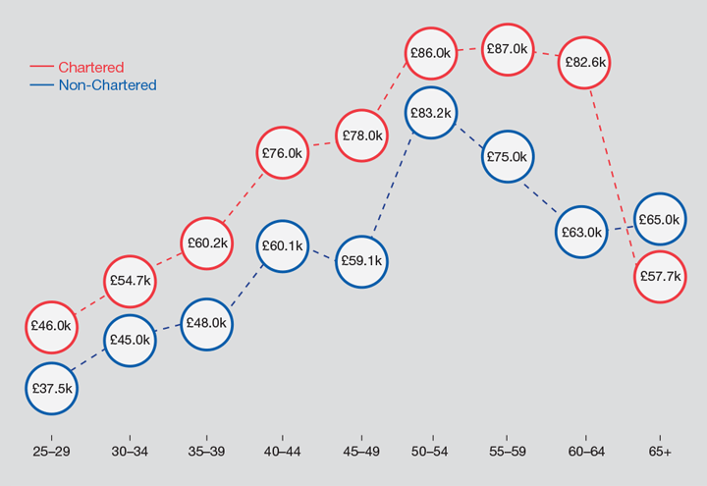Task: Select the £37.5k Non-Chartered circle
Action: tap(51, 388)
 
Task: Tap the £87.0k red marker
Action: tap(506, 48)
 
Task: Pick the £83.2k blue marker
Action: tap(431, 113)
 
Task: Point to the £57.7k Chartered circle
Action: tap(658, 277)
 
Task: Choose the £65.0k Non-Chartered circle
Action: tap(658, 220)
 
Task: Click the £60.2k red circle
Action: tap(208, 242)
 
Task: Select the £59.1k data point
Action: tap(362, 261)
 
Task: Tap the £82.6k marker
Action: tap(585, 62)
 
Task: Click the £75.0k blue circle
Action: tap(507, 156)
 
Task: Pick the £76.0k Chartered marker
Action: tap(283, 153)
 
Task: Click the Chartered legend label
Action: tap(91, 68)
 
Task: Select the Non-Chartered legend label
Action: tap(107, 85)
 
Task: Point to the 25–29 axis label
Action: tap(51, 452)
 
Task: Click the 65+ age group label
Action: tap(659, 452)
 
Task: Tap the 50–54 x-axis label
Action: tap(431, 452)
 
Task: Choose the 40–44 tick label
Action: tap(283, 452)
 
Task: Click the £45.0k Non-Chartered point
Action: tap(130, 340)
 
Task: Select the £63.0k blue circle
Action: tap(580, 233)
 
